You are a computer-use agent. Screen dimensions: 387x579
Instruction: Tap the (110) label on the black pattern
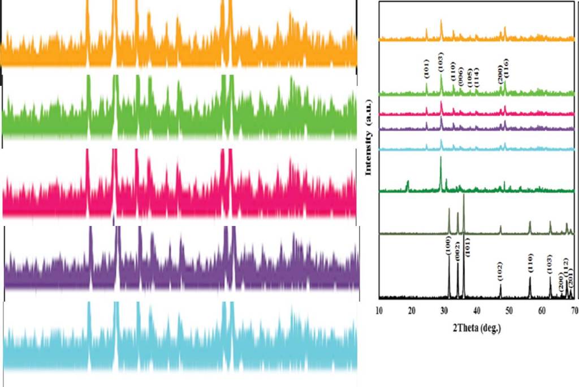[530, 262]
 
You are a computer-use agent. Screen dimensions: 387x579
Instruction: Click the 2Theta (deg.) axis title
[476, 328]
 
